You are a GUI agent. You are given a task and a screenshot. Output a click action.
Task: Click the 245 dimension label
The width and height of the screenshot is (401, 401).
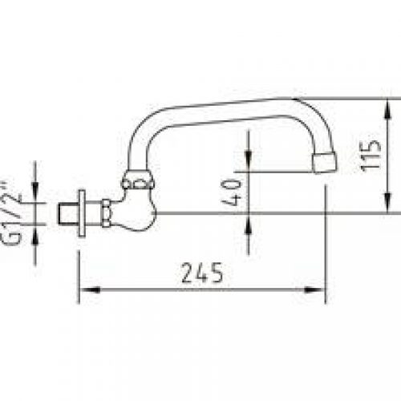coord(202,273)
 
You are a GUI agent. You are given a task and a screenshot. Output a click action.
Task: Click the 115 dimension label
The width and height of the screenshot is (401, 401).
coord(371,156)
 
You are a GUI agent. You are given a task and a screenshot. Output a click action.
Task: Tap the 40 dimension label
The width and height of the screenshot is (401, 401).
coord(232,192)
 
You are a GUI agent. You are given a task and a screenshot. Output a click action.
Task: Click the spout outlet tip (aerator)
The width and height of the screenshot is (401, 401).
coord(325,163)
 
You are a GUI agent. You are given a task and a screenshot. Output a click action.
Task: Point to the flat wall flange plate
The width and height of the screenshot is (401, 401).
coord(82,213)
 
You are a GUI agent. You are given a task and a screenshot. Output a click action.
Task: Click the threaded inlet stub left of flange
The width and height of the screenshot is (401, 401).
coord(68,214)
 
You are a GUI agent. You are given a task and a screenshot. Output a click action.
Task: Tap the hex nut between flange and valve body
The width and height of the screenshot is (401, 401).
coord(106,213)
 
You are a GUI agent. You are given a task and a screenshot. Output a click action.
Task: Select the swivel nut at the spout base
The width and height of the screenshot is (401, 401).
coord(138,179)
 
